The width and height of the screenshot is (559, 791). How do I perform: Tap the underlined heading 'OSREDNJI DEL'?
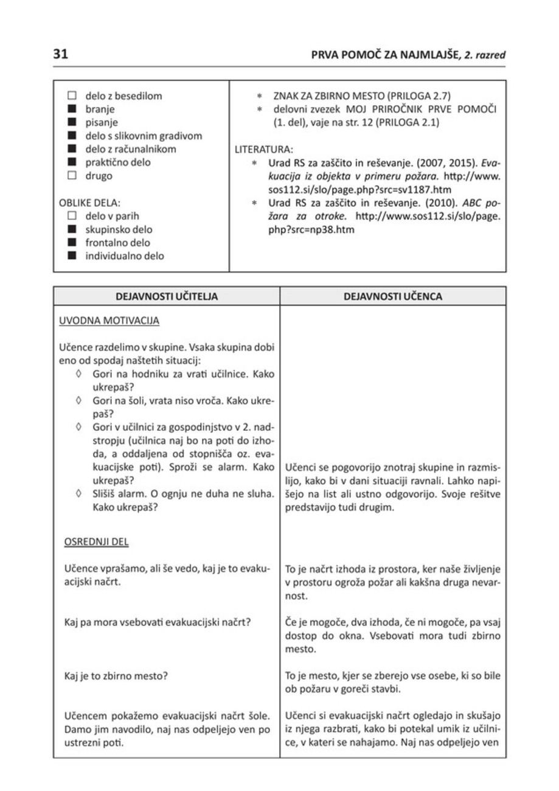click(x=94, y=541)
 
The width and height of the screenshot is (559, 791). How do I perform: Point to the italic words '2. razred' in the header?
click(x=485, y=55)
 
